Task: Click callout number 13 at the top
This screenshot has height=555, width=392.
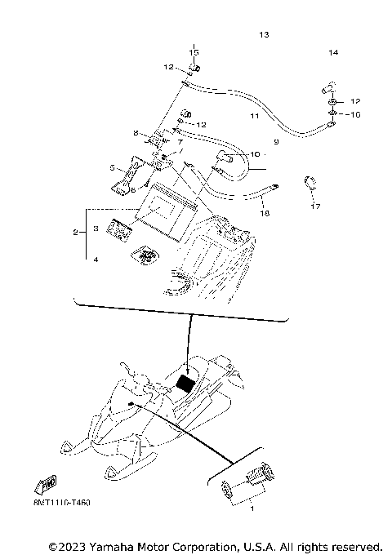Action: [263, 35]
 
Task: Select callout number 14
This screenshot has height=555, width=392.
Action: [333, 53]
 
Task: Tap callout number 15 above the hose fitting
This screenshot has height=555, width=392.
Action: [194, 53]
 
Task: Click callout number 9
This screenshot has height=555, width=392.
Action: [276, 142]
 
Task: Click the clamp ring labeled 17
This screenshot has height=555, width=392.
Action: [310, 181]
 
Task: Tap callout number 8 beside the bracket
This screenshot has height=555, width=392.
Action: [136, 133]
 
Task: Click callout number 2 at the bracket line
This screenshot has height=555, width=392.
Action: [75, 233]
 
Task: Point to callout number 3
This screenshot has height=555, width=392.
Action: [96, 230]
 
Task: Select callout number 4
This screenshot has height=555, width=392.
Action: [96, 260]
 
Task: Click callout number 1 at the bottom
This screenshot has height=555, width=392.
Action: [252, 508]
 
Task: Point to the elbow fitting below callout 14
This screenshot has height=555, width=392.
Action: [328, 87]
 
